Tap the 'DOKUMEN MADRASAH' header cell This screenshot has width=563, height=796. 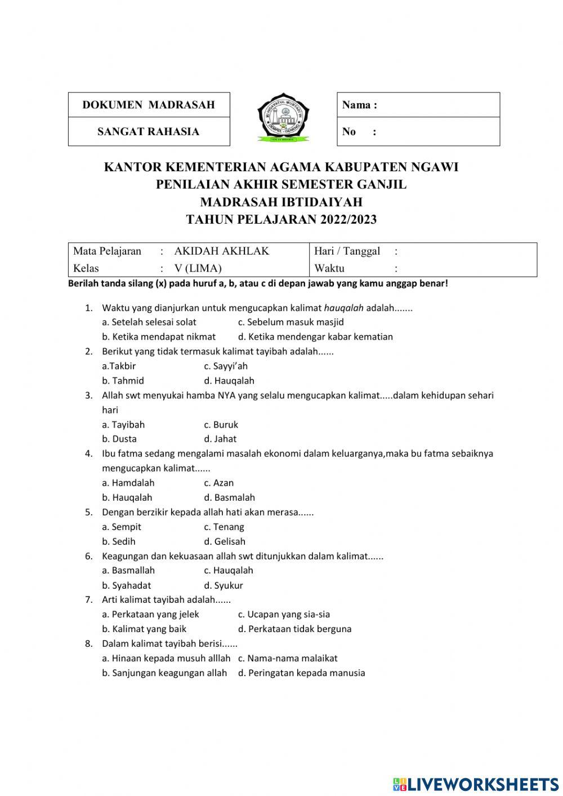click(x=149, y=105)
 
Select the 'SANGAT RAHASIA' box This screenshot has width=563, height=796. click(x=149, y=132)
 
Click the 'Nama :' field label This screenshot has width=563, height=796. click(x=360, y=105)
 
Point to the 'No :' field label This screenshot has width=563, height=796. click(x=359, y=132)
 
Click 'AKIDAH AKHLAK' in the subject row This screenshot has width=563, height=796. click(x=222, y=251)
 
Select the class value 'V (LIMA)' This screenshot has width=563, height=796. click(x=198, y=268)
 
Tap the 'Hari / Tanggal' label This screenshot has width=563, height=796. click(x=347, y=251)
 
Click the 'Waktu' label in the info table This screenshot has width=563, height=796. click(x=329, y=268)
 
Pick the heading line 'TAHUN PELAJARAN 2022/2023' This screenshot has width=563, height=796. click(x=281, y=220)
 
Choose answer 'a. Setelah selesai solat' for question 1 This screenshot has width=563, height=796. click(x=149, y=322)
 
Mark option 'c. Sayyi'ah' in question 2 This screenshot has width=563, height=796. click(x=226, y=366)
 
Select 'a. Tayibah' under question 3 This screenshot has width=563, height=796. click(x=123, y=425)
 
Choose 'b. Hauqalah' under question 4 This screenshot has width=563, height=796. click(x=127, y=497)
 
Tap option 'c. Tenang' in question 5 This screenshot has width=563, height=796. click(x=224, y=527)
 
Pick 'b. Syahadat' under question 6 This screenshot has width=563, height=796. click(x=127, y=585)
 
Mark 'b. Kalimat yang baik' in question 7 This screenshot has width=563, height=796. click(x=144, y=629)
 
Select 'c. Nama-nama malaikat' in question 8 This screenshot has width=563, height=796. click(x=288, y=658)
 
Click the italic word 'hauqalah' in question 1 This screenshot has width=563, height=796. click(x=344, y=308)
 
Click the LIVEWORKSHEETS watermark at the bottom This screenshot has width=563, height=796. click(x=476, y=784)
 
